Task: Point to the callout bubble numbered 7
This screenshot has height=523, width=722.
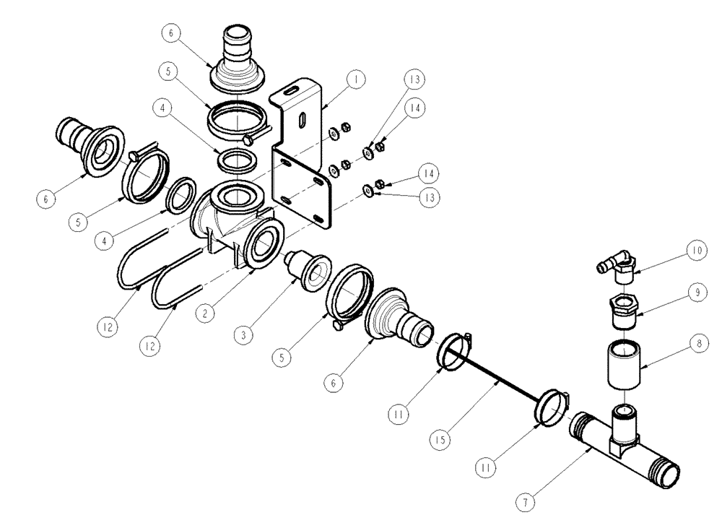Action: click(x=526, y=498)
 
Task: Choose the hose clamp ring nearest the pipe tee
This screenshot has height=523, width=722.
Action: click(x=553, y=407)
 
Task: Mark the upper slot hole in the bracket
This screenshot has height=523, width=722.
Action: click(x=289, y=91)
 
